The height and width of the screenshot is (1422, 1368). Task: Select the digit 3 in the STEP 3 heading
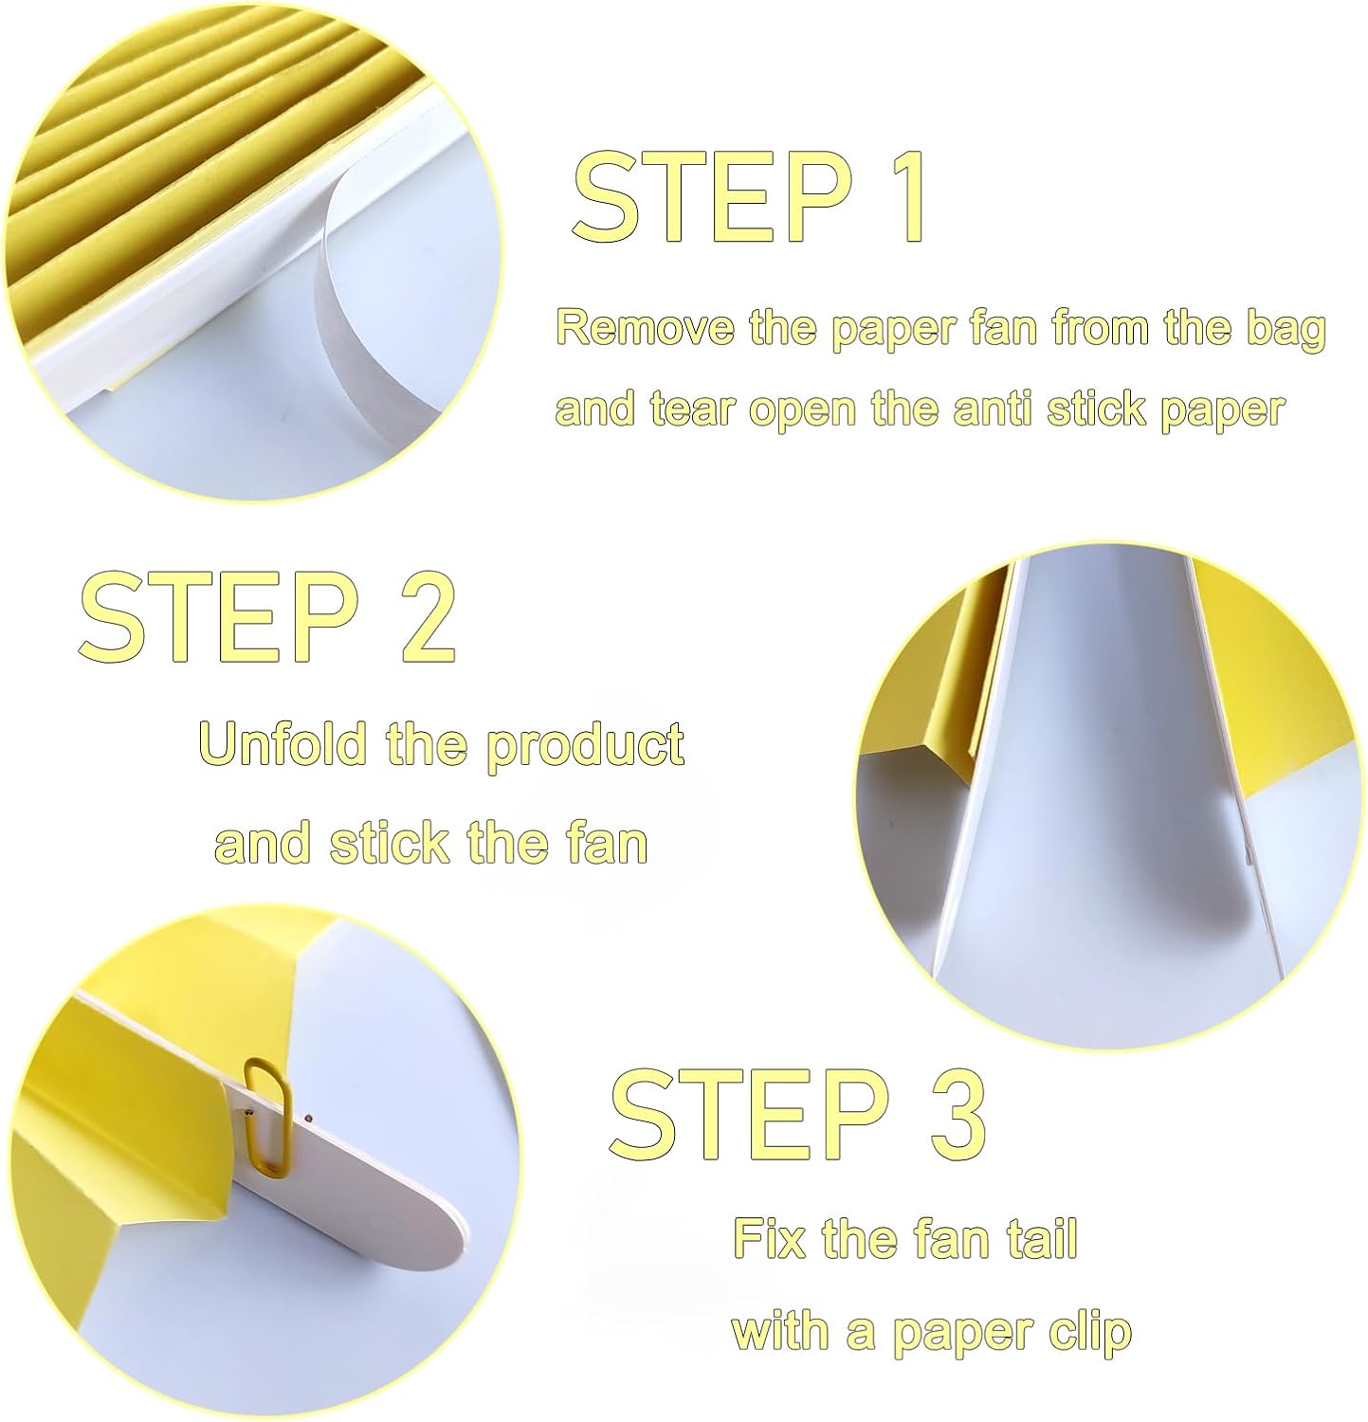point(951,1115)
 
